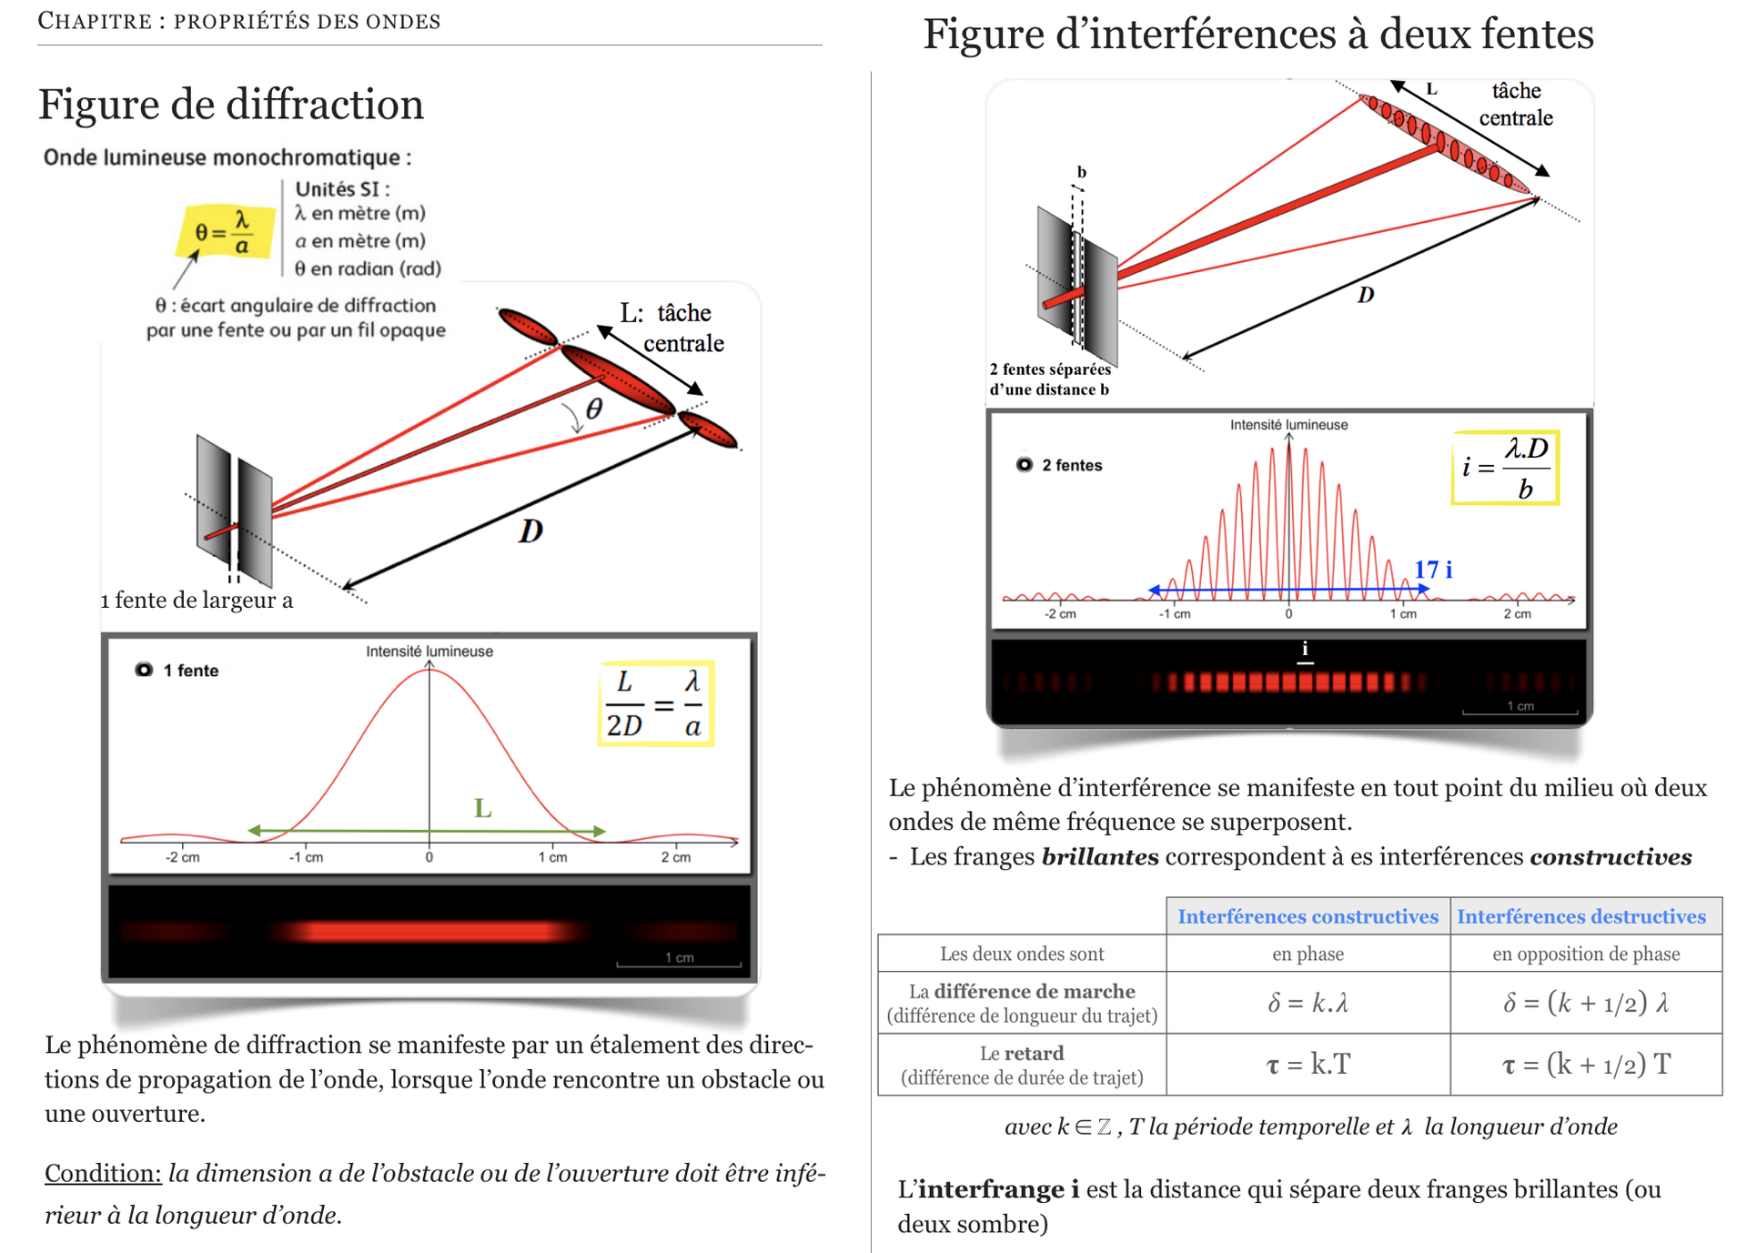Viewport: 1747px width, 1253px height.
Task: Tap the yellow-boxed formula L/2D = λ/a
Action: [x=655, y=704]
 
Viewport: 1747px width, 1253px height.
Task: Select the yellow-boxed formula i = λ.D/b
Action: [x=1505, y=467]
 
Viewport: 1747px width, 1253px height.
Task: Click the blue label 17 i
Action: [x=1433, y=570]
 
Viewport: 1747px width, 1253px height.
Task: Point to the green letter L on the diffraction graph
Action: [x=483, y=807]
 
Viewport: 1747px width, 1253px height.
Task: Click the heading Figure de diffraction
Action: [x=231, y=104]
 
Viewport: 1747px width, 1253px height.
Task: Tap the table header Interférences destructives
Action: [x=1581, y=916]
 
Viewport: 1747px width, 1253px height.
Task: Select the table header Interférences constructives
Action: [x=1308, y=916]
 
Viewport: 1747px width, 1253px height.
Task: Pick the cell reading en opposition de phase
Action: [x=1586, y=954]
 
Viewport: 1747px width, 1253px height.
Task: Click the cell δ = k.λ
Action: [x=1308, y=1003]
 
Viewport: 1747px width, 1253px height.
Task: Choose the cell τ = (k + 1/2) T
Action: [x=1586, y=1064]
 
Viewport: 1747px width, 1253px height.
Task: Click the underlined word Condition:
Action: [x=103, y=1173]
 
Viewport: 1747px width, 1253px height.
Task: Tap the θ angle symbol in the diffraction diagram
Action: [x=594, y=409]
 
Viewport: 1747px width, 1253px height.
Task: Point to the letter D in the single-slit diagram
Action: [x=530, y=531]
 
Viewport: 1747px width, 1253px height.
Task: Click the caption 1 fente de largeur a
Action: [x=197, y=600]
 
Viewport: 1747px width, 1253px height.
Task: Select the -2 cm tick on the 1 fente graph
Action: [x=183, y=857]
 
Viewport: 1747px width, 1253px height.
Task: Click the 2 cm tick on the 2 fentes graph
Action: [x=1517, y=614]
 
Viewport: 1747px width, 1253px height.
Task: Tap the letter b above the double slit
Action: [x=1082, y=171]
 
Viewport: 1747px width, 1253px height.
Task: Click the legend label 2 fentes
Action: [x=1072, y=465]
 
